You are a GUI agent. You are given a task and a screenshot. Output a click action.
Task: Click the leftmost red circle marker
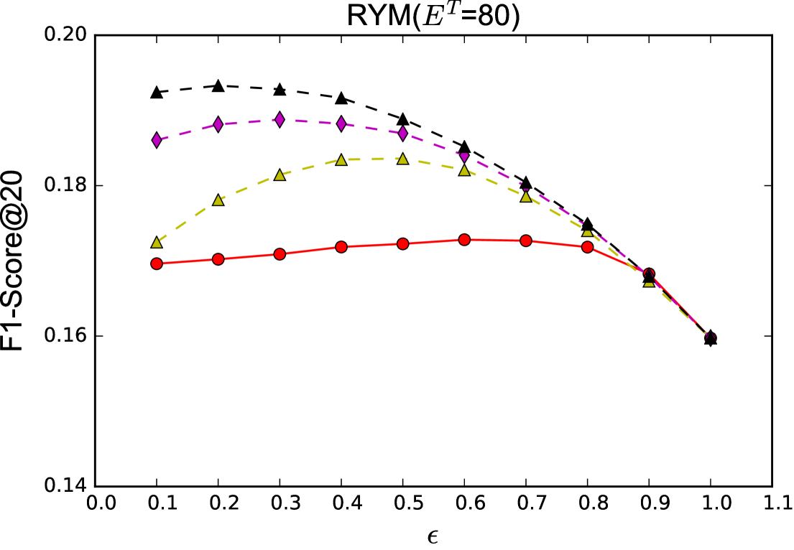(157, 264)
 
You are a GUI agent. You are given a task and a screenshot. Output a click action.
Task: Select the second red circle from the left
(218, 259)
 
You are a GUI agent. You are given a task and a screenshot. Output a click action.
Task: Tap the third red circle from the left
(280, 254)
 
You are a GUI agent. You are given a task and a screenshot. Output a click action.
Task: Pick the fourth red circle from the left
(341, 247)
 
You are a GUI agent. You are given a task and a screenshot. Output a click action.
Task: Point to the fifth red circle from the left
(403, 244)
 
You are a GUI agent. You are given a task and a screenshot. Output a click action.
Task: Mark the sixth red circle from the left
(464, 240)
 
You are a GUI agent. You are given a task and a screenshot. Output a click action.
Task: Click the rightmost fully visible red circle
(588, 247)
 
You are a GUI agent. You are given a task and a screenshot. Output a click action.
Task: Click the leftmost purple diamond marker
(157, 140)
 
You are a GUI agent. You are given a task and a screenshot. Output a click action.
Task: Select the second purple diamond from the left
(218, 124)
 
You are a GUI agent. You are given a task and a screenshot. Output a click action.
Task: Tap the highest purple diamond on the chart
(280, 119)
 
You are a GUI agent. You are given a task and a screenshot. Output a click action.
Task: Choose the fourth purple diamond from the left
(341, 123)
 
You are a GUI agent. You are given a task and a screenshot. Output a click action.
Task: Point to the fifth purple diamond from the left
(403, 133)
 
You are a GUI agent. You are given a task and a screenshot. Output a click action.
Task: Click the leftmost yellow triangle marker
(157, 243)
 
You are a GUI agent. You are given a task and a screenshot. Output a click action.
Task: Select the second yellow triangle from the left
(218, 200)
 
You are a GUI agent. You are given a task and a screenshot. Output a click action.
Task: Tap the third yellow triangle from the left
(280, 175)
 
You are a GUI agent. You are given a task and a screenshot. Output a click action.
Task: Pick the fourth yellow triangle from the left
(341, 160)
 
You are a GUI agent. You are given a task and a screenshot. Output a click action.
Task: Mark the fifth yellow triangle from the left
(403, 159)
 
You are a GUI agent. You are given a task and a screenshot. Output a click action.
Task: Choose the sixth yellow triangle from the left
(464, 170)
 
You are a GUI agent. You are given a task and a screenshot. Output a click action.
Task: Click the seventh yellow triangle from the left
(526, 197)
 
